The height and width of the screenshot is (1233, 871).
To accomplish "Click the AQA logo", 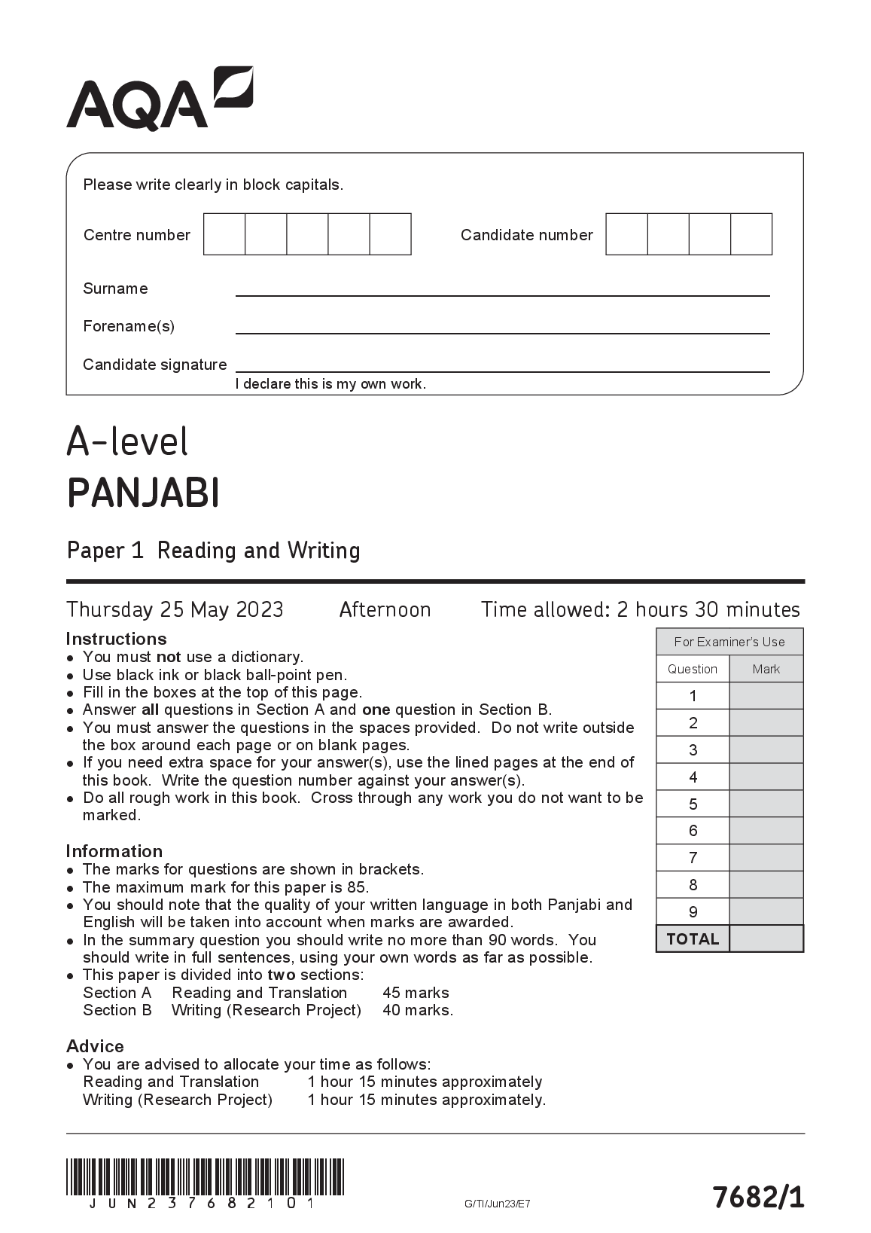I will pos(160,99).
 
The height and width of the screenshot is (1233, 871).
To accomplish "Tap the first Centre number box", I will pos(224,234).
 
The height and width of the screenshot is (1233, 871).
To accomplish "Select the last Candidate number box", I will pos(751,234).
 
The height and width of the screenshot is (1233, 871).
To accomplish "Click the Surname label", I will pos(115,288).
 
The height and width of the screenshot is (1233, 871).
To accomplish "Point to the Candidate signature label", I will pos(154,365).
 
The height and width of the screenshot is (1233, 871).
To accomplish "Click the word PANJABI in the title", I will pos(144,494).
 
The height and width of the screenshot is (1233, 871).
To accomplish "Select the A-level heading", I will pos(127,442).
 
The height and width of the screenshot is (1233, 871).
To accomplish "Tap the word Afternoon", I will pos(385,609).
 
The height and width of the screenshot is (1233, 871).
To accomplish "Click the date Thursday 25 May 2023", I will pos(175,609).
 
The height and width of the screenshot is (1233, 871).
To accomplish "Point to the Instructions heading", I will pos(116,639).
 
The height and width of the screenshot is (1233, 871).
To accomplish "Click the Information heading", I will pos(114,851).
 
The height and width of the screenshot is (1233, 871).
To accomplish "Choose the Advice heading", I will pos(95,1046).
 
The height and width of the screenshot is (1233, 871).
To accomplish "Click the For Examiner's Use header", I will pos(729,642).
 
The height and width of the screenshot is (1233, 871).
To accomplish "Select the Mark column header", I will pos(766,669).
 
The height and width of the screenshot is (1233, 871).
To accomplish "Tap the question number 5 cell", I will pos(693,804).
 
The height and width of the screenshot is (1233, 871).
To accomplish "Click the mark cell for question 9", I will pos(766,912).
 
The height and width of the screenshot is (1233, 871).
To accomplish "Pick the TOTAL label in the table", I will pos(693,939).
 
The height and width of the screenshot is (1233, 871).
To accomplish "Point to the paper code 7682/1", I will pos(758,1197).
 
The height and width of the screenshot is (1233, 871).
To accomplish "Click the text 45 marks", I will pos(416,993).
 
